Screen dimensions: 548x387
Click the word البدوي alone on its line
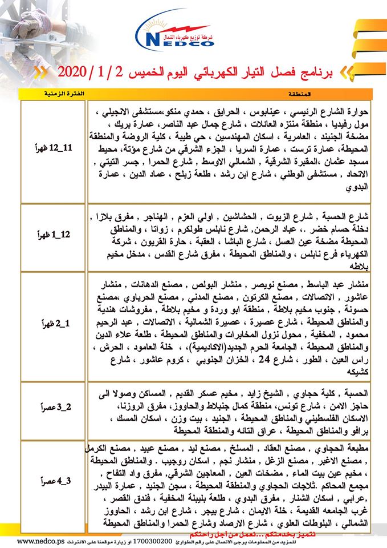click(357, 186)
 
